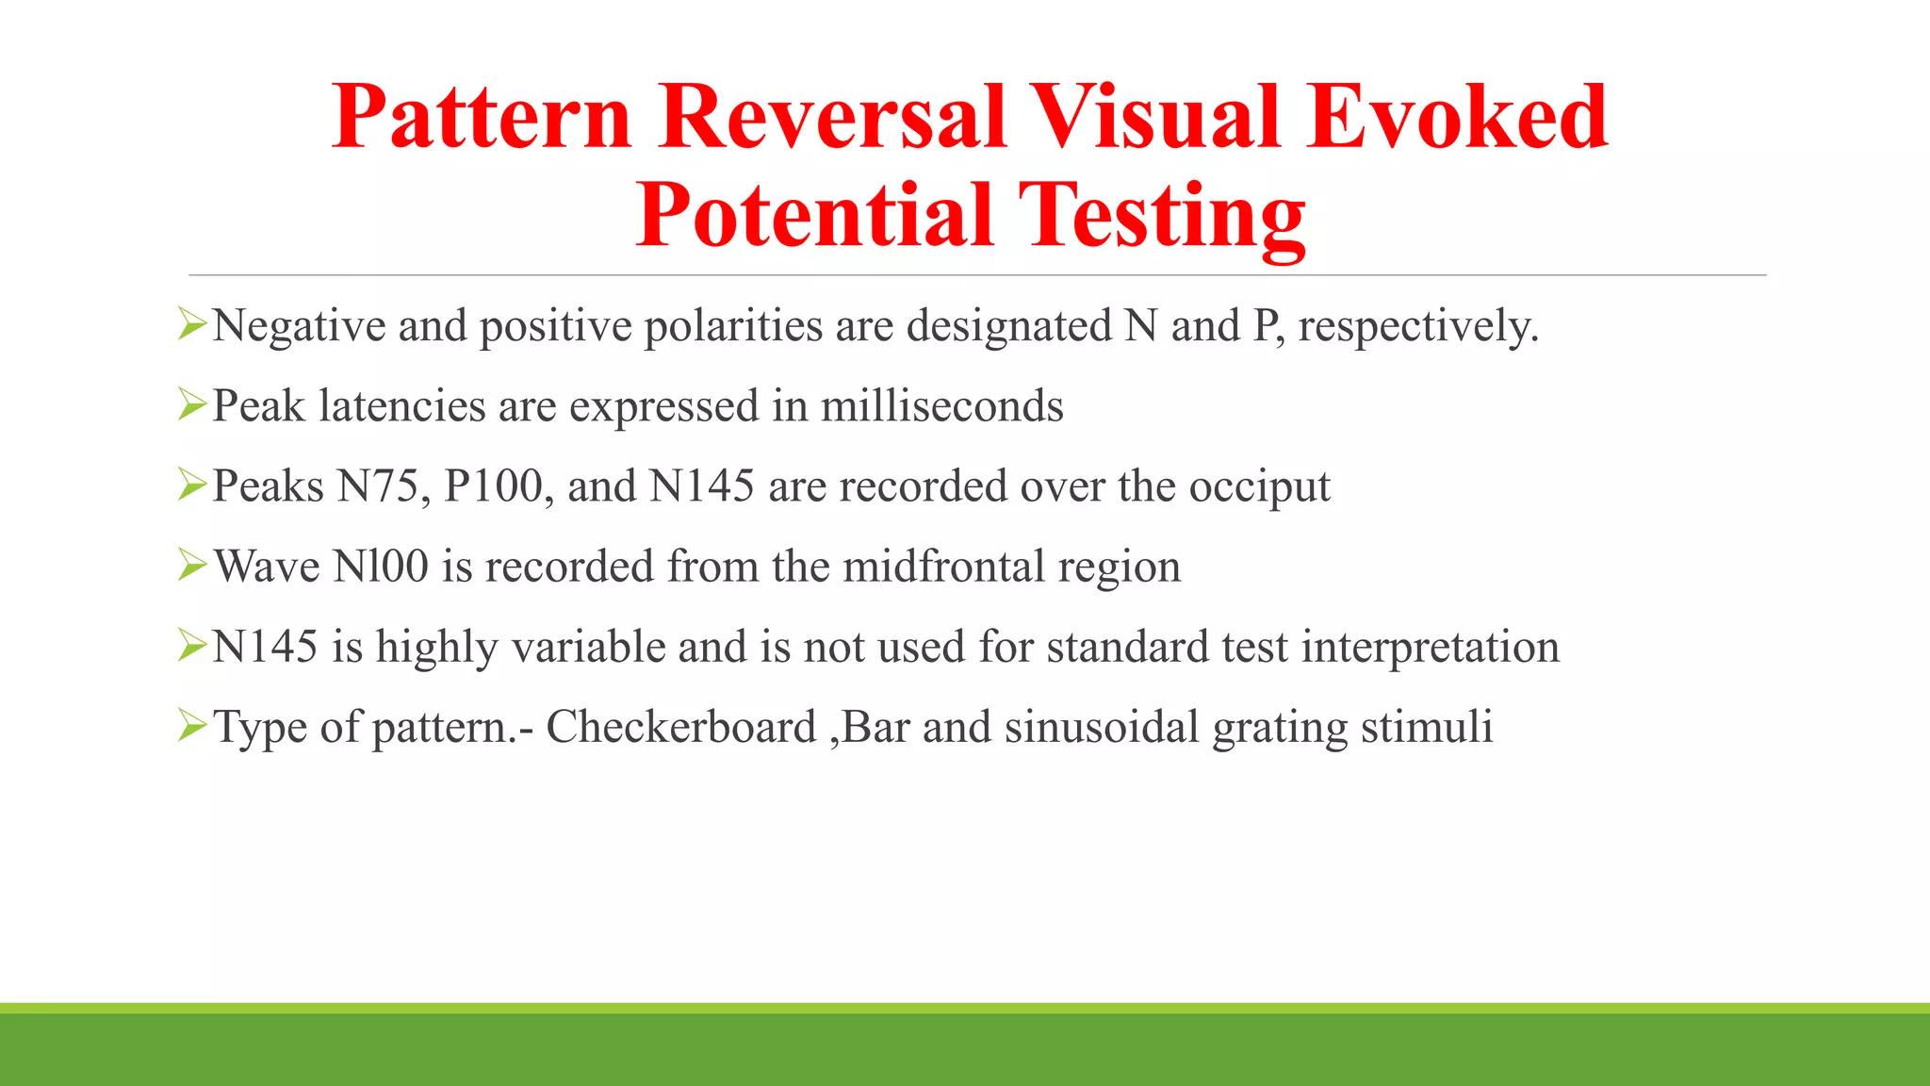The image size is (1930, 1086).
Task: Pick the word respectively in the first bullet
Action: pyautogui.click(x=1417, y=327)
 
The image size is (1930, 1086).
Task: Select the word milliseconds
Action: pyautogui.click(x=941, y=406)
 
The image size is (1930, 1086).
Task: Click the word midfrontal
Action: pyautogui.click(x=944, y=567)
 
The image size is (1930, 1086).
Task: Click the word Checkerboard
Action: pyautogui.click(x=680, y=727)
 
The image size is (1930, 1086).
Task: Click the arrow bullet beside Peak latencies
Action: pyautogui.click(x=191, y=405)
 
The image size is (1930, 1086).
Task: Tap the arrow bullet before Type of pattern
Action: pyautogui.click(x=191, y=726)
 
